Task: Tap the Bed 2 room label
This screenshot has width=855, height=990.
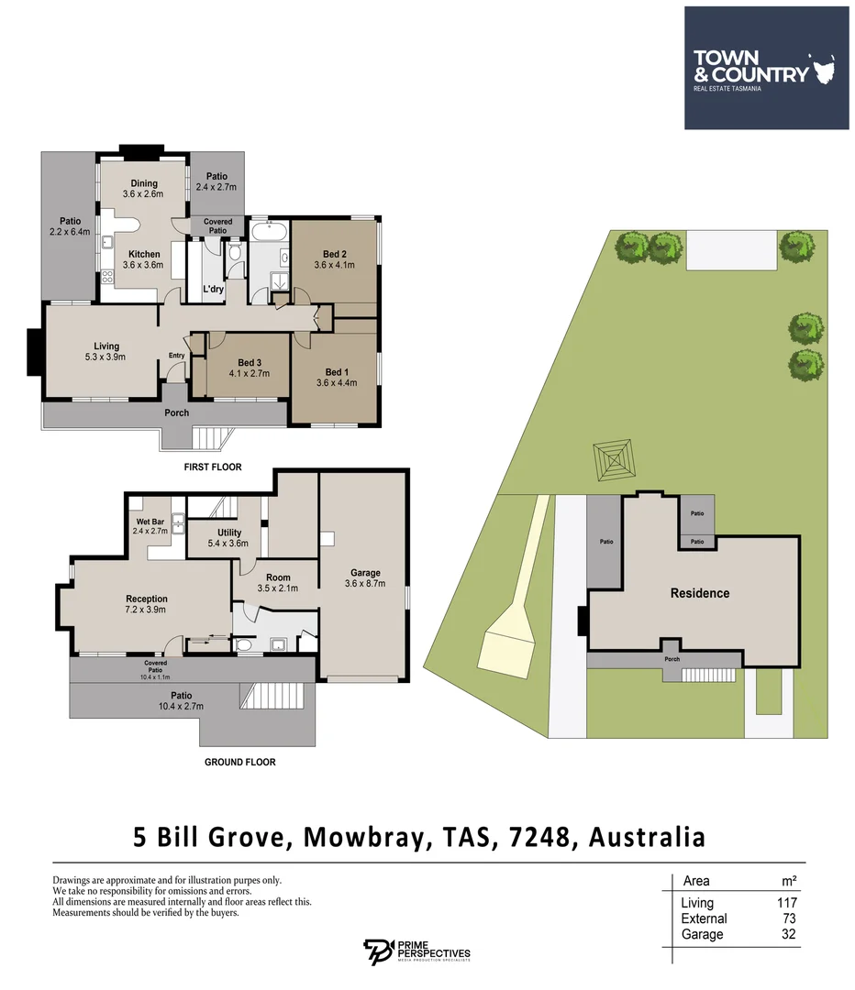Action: coord(334,254)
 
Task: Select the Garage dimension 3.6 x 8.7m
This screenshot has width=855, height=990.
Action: coord(365,583)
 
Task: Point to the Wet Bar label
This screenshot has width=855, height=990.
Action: coord(150,522)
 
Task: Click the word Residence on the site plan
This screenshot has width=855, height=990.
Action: coord(700,593)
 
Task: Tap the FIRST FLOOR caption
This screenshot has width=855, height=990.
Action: coord(212,467)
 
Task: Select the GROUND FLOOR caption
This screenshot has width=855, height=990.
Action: coord(239,762)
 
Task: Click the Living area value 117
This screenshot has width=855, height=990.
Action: coord(786,903)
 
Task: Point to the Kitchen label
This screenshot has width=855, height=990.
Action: coord(144,255)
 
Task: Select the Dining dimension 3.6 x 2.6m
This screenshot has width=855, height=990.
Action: coord(143,194)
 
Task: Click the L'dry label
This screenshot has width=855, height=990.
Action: coord(213,290)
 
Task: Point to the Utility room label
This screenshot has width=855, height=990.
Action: coord(229,532)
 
